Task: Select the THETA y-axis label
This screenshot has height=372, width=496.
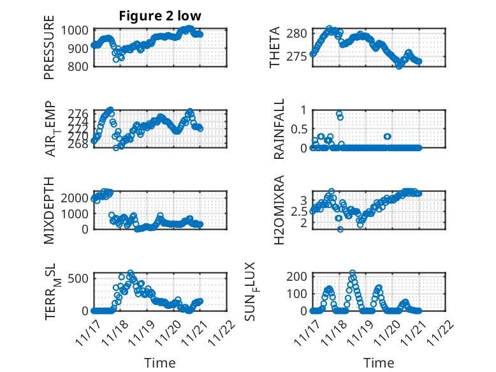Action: pyautogui.click(x=275, y=48)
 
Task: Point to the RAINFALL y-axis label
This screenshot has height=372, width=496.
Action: pyautogui.click(x=279, y=128)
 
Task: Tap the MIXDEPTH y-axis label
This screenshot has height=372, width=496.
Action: pyautogui.click(x=50, y=209)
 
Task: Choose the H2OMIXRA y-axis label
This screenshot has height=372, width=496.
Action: pyautogui.click(x=279, y=209)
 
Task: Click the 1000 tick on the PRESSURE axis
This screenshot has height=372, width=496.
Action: pyautogui.click(x=78, y=30)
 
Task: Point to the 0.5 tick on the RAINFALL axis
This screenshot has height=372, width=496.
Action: pyautogui.click(x=300, y=129)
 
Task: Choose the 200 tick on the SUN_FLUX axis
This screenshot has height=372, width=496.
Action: pyautogui.click(x=300, y=276)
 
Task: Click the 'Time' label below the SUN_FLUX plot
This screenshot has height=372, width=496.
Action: pyautogui.click(x=379, y=363)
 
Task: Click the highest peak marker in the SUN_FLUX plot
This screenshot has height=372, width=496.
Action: pyautogui.click(x=353, y=273)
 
